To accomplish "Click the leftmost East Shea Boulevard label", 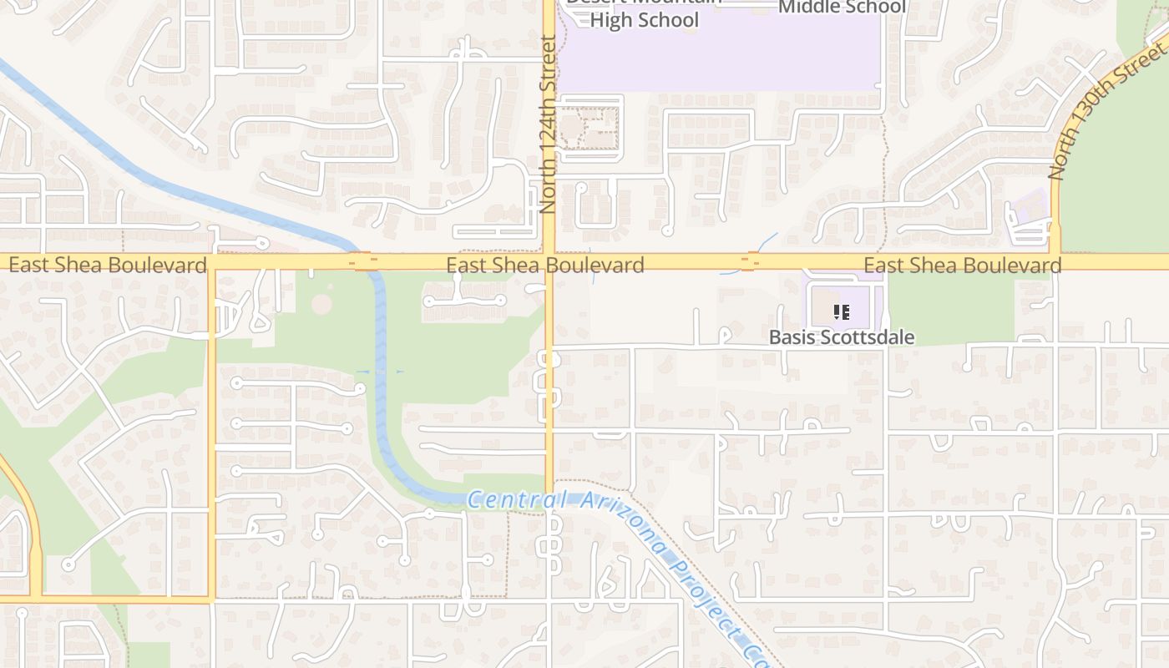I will tap(108, 266).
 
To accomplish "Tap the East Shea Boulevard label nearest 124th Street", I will tap(545, 266).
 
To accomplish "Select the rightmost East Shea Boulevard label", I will tap(963, 266).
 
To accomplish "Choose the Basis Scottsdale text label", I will tap(842, 337).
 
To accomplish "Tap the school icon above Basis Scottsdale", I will tap(842, 312).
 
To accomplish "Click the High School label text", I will tap(644, 18).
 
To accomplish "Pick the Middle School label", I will tap(842, 8).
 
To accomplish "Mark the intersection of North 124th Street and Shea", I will tap(549, 262).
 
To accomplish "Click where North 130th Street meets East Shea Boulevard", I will tap(1055, 262).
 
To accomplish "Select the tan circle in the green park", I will tap(321, 304).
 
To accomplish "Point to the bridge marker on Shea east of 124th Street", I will tap(749, 262).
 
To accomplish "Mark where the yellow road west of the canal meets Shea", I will tap(212, 262).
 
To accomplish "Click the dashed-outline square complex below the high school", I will tap(589, 129).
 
